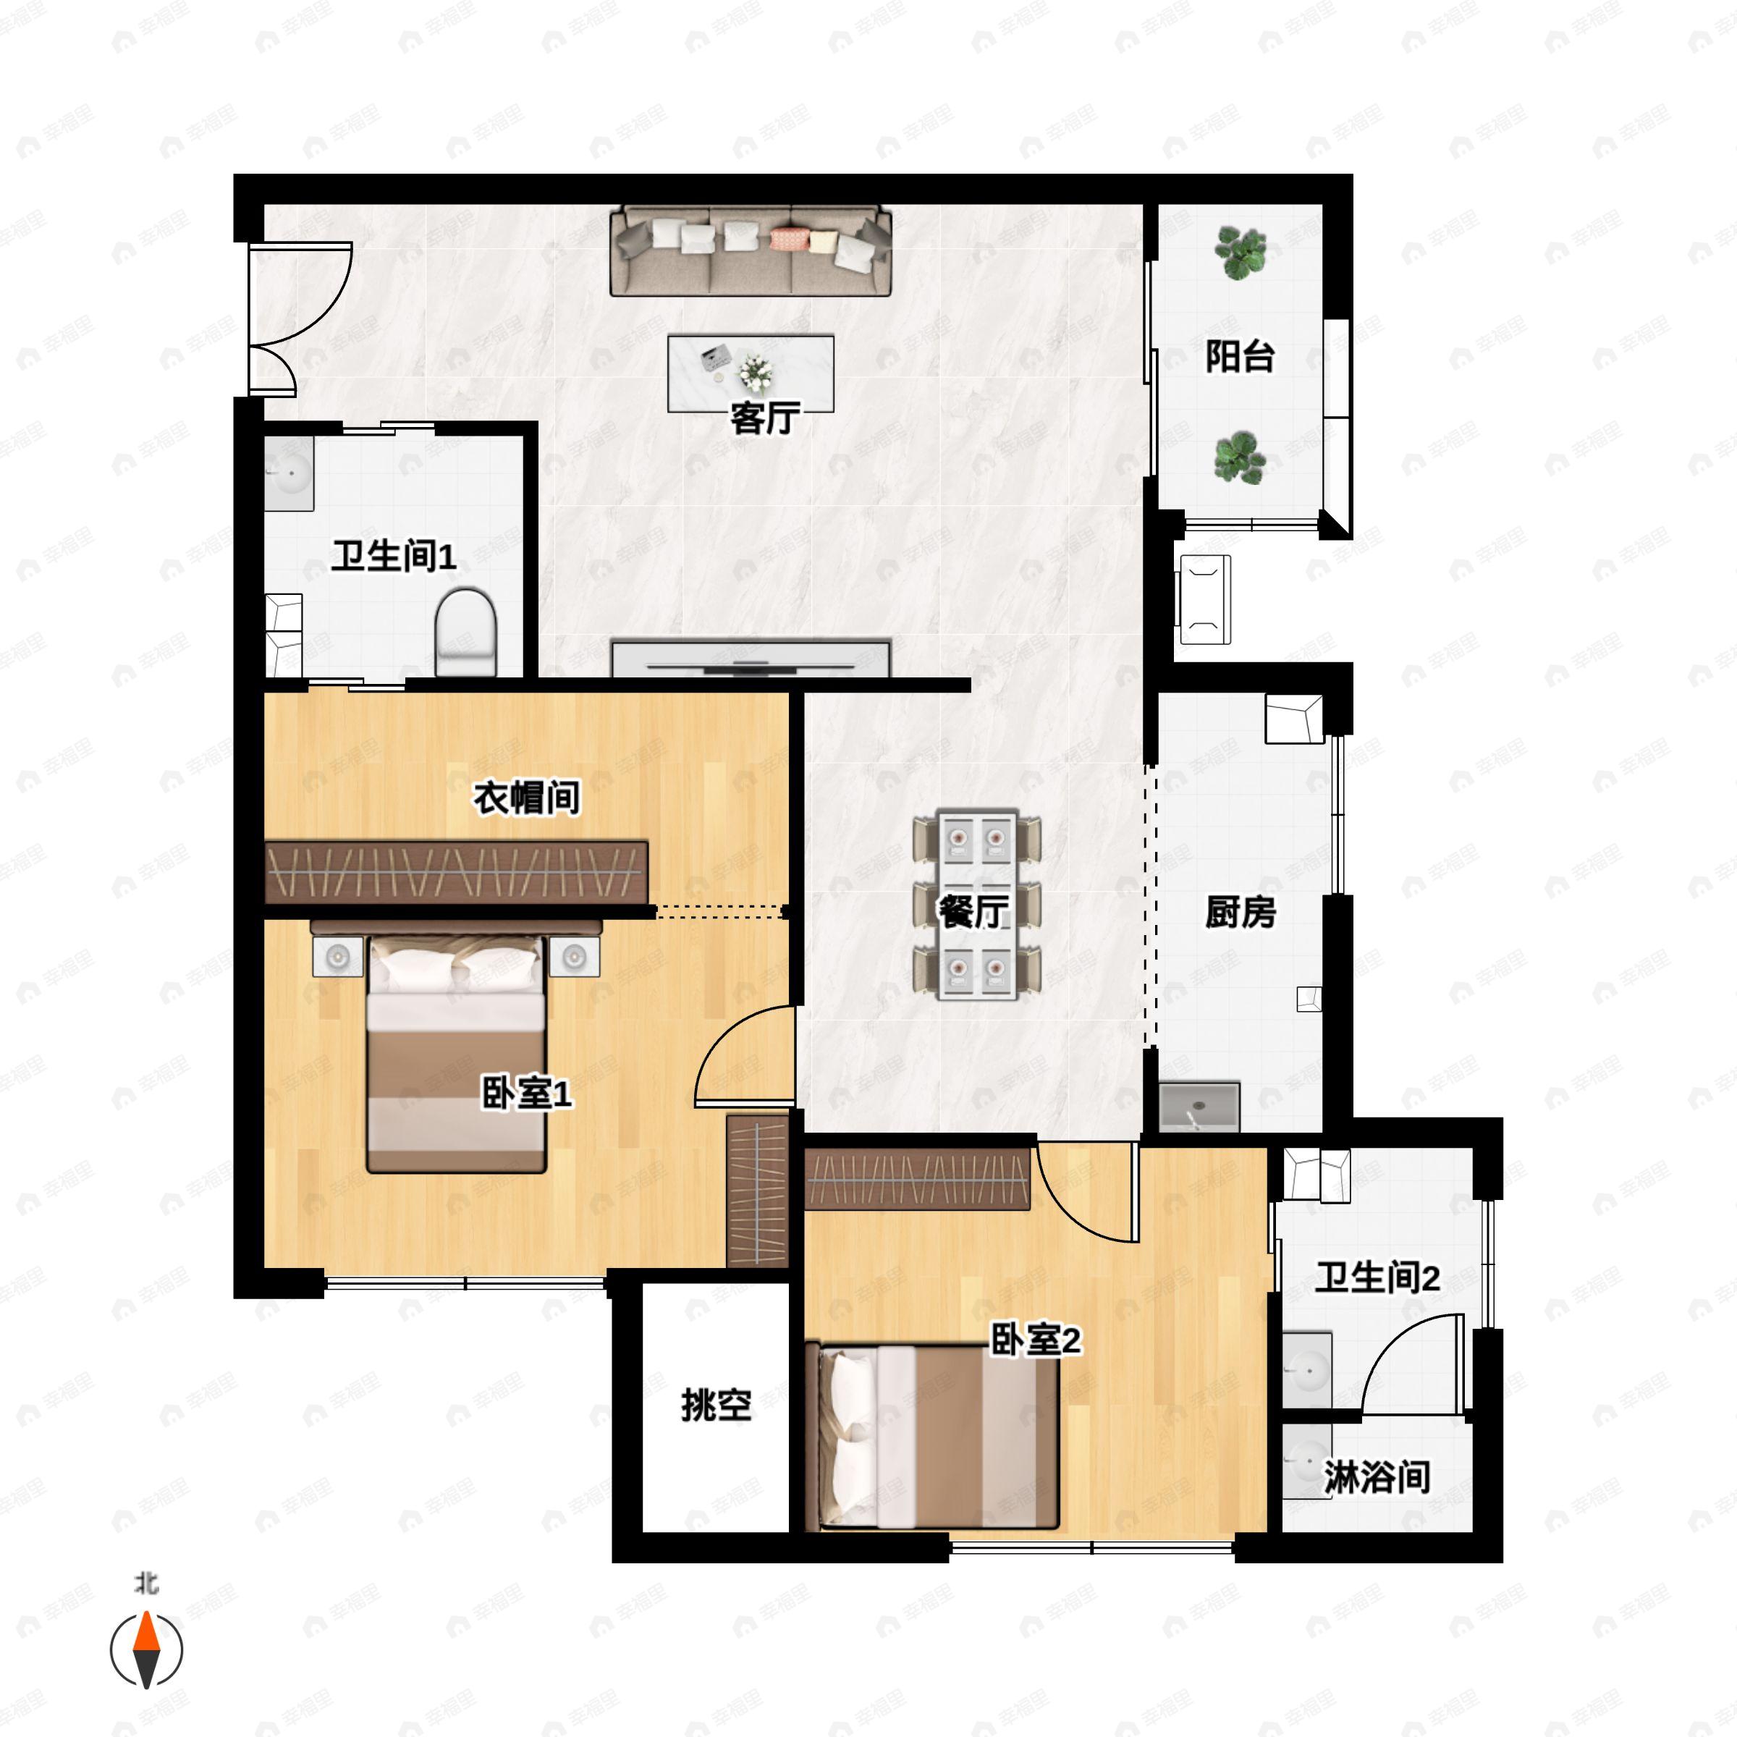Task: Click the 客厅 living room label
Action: [x=765, y=419]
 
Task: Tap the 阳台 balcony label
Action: [x=1240, y=357]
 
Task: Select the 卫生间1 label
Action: [x=394, y=557]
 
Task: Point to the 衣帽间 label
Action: [x=527, y=798]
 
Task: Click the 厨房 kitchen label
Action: [x=1241, y=913]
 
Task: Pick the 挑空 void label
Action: [x=716, y=1406]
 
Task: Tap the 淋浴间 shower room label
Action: [x=1377, y=1477]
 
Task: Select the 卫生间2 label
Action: [x=1377, y=1277]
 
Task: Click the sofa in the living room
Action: [x=751, y=251]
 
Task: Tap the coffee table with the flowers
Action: [x=751, y=374]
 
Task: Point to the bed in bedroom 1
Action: [x=457, y=1054]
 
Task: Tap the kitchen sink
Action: [x=1199, y=1107]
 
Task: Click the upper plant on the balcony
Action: [x=1241, y=252]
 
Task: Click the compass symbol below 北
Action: [x=146, y=1651]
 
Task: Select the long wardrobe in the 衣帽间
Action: [x=457, y=872]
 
